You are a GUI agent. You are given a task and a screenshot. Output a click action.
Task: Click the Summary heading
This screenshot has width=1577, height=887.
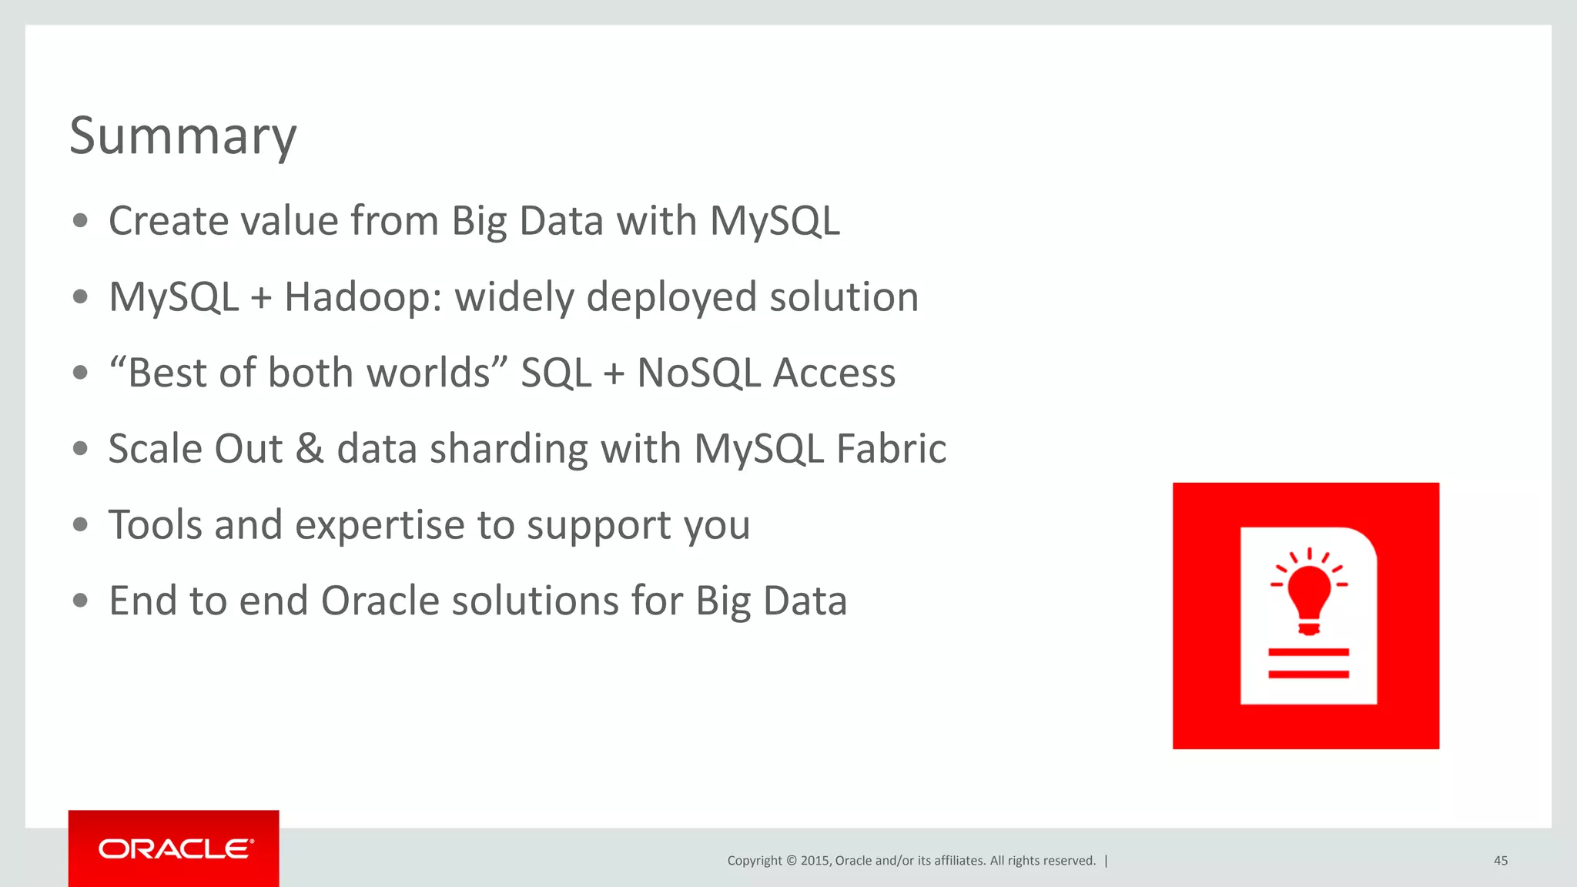[182, 136]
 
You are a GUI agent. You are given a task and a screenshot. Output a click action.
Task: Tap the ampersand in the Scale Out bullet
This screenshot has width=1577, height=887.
[310, 449]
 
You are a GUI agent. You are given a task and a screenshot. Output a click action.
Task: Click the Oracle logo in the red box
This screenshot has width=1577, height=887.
[175, 849]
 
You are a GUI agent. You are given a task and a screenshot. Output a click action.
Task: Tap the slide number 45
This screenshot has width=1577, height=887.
[1500, 861]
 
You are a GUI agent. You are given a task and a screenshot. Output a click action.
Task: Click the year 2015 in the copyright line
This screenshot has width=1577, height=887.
[814, 861]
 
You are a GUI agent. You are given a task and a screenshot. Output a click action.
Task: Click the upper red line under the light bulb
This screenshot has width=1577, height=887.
[1308, 652]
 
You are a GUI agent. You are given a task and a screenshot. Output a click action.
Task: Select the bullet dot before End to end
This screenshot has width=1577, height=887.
[81, 601]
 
